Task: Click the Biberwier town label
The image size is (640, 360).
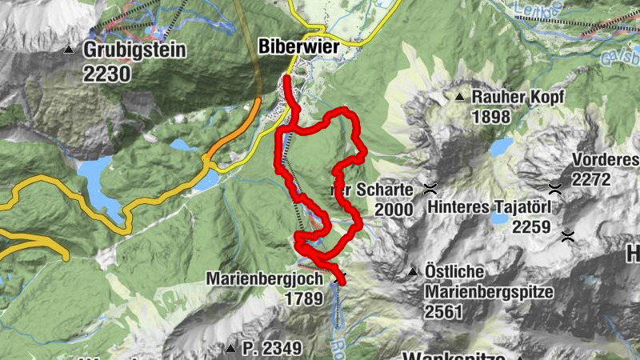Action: coord(299,47)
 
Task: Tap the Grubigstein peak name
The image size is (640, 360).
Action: coord(134,50)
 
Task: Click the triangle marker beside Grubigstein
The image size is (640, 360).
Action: coord(69,50)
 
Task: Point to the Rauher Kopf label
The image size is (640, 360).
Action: coord(518,97)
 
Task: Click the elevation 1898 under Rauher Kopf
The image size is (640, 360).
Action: coord(491,117)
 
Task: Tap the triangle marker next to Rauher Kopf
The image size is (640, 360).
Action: coord(459,98)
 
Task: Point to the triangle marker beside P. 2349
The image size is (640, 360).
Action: coord(230,348)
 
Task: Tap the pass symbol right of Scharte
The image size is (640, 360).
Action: coord(430,190)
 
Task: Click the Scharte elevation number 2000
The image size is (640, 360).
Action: coord(393,210)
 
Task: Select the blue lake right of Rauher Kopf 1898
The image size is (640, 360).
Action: coord(502,147)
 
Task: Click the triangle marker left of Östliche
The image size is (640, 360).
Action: coord(413,272)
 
